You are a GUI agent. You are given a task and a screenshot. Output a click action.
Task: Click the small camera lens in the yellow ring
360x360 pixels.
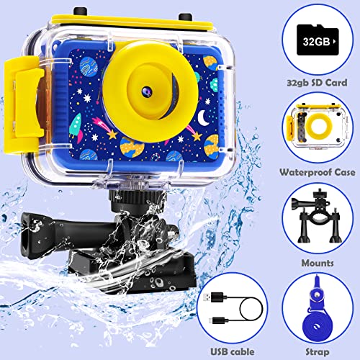click(x=145, y=91)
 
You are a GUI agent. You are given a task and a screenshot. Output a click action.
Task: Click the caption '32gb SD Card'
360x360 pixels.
click(x=317, y=83)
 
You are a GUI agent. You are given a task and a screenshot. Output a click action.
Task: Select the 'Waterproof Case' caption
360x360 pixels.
click(x=318, y=172)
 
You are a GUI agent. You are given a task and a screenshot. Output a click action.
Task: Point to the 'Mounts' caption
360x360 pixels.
click(x=318, y=263)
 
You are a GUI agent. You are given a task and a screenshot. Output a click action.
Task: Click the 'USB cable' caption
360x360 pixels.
click(x=233, y=351)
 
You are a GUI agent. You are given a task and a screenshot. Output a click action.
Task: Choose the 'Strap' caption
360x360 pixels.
click(x=318, y=352)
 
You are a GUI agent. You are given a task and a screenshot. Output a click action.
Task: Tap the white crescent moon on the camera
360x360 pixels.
click(x=203, y=117)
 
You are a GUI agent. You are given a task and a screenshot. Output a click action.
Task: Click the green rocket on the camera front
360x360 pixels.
click(x=76, y=128)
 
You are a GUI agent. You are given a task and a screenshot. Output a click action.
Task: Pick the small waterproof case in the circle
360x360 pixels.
click(x=318, y=127)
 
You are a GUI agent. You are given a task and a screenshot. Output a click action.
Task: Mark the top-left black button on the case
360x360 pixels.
click(x=80, y=11)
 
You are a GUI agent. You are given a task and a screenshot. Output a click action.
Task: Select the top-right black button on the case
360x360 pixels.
click(x=185, y=17)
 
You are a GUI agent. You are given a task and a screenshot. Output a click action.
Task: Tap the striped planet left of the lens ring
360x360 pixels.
click(x=89, y=65)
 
